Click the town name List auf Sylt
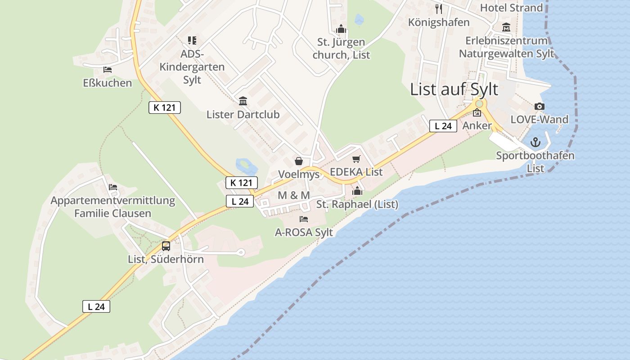[x=454, y=89]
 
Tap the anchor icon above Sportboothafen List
[x=535, y=143]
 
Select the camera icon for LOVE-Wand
[x=539, y=107]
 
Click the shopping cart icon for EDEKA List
[x=356, y=159]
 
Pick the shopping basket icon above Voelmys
[x=298, y=161]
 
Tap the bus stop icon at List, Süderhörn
[x=166, y=246]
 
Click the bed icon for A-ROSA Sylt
[x=304, y=219]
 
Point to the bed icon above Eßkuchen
[x=107, y=70]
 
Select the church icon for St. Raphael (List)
[x=357, y=191]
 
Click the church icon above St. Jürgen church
[x=341, y=29]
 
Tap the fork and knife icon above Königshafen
[x=439, y=9]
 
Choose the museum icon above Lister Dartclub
[x=243, y=101]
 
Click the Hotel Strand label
[x=511, y=8]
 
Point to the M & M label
[x=294, y=195]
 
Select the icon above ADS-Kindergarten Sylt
[x=192, y=40]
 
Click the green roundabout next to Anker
[x=479, y=104]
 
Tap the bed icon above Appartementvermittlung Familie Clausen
[x=112, y=187]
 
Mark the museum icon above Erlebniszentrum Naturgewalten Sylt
[x=506, y=27]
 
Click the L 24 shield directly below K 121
[x=240, y=201]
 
